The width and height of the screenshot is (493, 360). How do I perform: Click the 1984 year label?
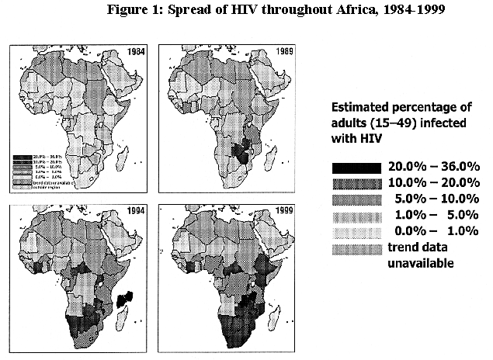[x=135, y=53]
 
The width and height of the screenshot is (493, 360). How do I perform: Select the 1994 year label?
[x=135, y=213]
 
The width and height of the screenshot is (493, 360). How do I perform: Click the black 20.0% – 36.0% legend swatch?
[x=356, y=168]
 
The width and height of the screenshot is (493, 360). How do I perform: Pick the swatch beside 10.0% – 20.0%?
[x=356, y=183]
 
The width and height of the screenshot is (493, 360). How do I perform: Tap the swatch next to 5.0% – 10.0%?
[x=356, y=199]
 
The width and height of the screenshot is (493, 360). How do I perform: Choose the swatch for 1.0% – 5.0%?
[x=356, y=215]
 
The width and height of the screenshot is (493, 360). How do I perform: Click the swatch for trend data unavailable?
[x=356, y=247]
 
